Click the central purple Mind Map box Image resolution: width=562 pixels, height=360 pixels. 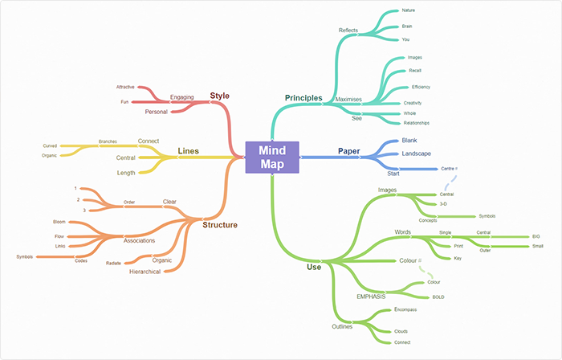[x=272, y=157]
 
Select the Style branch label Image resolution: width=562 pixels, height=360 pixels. [x=219, y=96]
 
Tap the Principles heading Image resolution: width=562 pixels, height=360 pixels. [x=303, y=98]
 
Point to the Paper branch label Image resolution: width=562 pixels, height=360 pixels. [x=348, y=150]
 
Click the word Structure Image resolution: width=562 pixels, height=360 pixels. [x=219, y=225]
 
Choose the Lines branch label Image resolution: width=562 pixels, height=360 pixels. [x=188, y=150]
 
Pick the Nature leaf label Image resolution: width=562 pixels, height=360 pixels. [x=408, y=10]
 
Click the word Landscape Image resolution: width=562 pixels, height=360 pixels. [x=416, y=153]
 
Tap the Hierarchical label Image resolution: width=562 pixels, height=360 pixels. [x=145, y=272]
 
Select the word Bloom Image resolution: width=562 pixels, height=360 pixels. [x=59, y=221]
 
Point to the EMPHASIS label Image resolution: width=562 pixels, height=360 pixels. [x=371, y=297]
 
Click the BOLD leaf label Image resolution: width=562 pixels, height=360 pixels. [x=438, y=297]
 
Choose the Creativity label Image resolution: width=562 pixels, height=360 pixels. [x=412, y=103]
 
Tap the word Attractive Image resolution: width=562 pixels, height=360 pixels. [x=124, y=86]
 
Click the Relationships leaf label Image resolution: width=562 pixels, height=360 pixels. [x=416, y=123]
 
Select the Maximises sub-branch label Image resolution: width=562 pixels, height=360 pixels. [x=348, y=100]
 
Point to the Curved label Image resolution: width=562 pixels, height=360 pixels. [x=50, y=145]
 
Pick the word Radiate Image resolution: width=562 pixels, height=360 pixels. [x=113, y=263]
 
